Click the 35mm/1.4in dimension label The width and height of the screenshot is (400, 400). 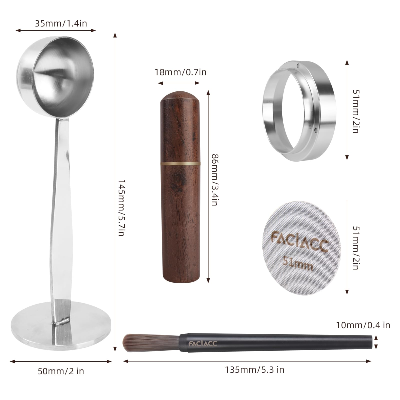61,23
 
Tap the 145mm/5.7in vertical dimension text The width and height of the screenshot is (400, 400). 121,208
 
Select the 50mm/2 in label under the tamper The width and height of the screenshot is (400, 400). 61,371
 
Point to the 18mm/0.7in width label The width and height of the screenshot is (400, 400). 180,72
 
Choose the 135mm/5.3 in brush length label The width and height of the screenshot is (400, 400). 254,369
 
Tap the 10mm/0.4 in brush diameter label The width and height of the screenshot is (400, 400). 363,325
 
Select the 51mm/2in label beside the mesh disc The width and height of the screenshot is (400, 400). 355,248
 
